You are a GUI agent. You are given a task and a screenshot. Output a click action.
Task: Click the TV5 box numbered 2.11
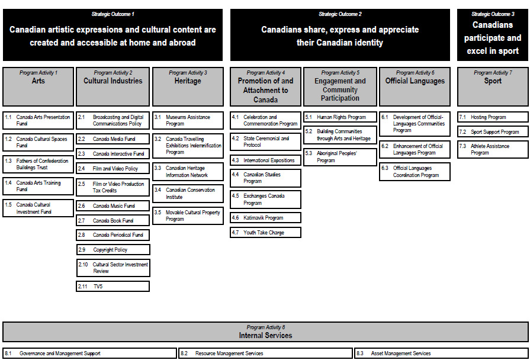coord(113,287)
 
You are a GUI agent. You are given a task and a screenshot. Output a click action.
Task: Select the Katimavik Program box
coord(265,218)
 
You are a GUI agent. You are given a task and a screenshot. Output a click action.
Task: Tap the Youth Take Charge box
coord(265,233)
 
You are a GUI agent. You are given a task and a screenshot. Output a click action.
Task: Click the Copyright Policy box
coord(113,250)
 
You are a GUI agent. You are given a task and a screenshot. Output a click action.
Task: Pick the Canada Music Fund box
coord(113,206)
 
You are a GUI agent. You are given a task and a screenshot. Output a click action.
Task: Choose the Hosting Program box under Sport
coord(493,117)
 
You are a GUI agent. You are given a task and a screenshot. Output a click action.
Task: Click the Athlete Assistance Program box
coord(493,149)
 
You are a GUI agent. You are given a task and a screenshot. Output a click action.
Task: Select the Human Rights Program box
coord(340,117)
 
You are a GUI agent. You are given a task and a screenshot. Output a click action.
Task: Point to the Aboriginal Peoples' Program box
coord(340,157)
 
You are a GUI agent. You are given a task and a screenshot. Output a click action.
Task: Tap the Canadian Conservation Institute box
coord(188,194)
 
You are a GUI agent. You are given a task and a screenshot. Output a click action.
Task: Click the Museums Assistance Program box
coord(188,121)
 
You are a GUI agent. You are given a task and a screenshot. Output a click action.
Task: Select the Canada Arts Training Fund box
coord(38,187)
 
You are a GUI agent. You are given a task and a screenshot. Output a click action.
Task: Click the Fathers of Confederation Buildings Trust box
coord(38,164)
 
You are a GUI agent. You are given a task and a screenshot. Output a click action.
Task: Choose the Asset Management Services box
coord(441,353)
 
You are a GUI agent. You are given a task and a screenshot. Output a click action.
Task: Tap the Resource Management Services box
coord(266,353)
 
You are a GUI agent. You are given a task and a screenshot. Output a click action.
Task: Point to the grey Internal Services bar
coord(265,332)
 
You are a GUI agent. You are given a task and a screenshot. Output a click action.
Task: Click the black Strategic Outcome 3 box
coord(493,34)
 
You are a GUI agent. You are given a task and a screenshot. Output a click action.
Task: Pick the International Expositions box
coord(265,160)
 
